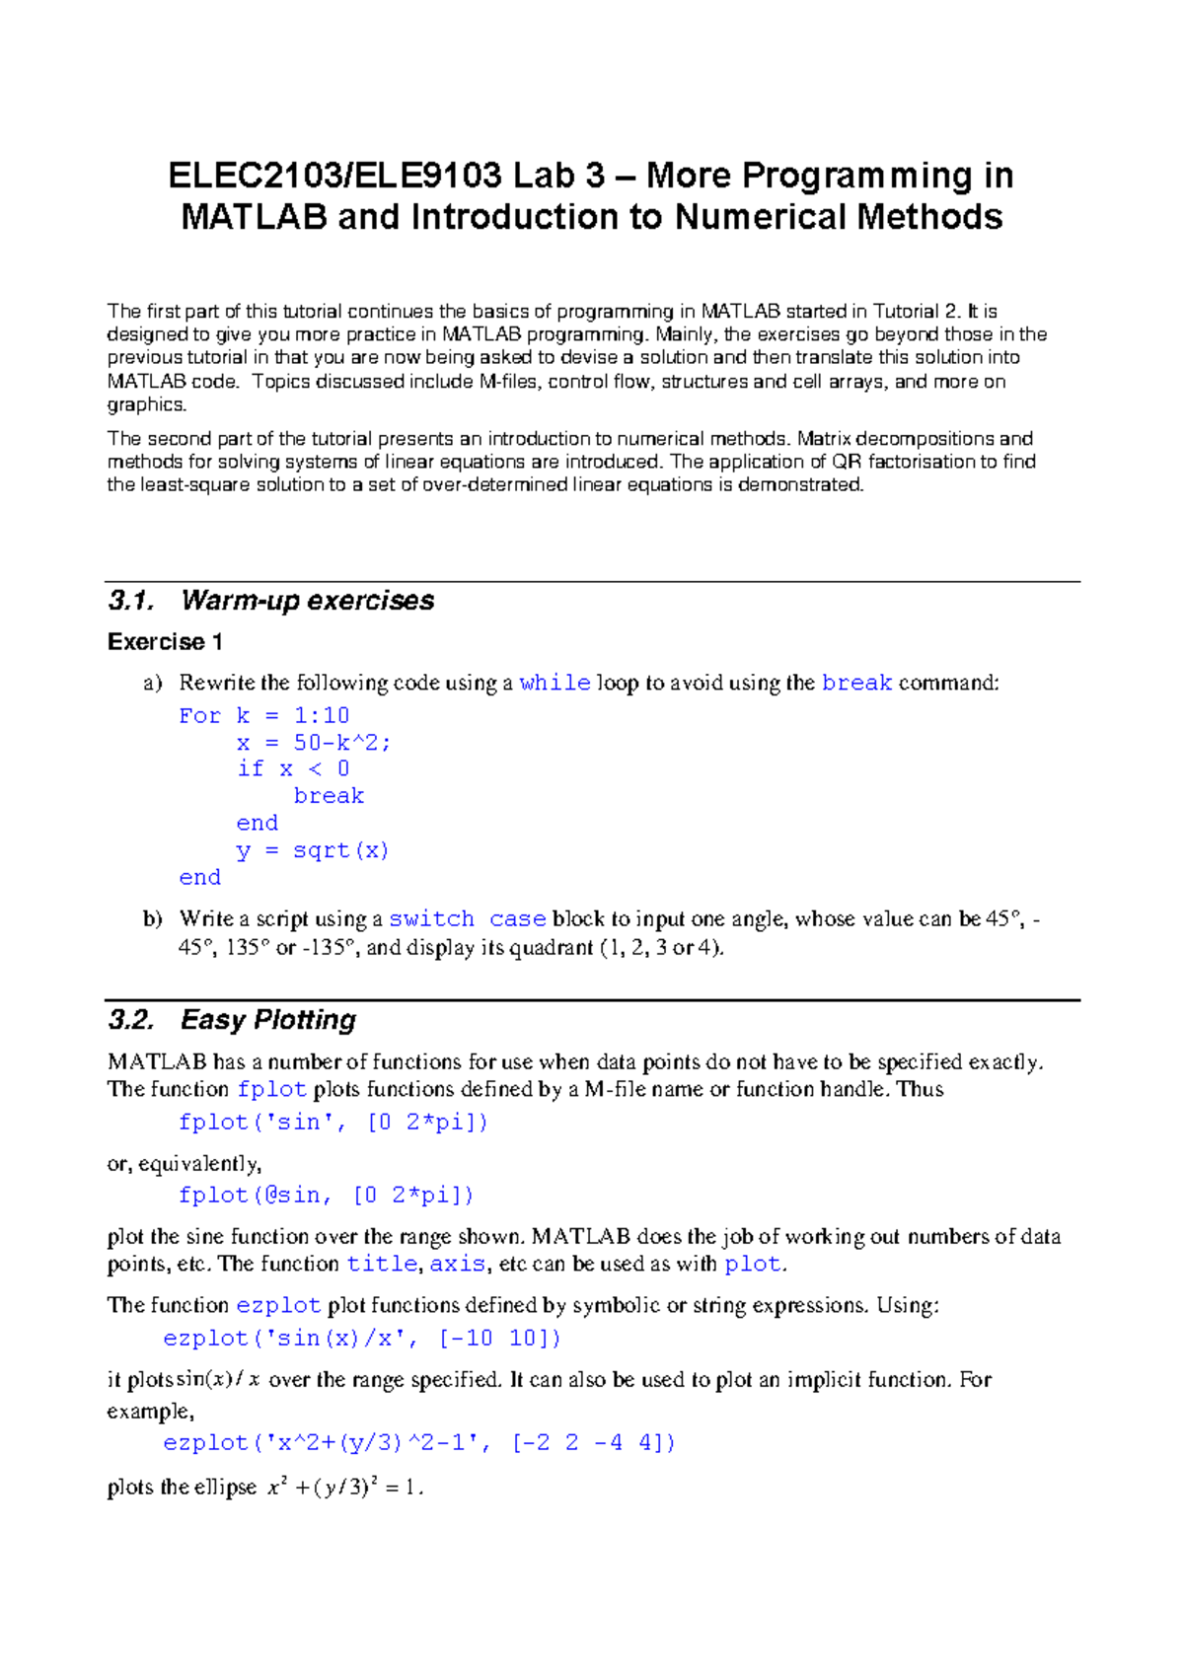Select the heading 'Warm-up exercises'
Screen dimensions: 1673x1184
pyautogui.click(x=307, y=601)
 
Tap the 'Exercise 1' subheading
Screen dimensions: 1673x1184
pyautogui.click(x=165, y=642)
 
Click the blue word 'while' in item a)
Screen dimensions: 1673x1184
pyautogui.click(x=555, y=683)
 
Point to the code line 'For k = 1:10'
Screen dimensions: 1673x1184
pyautogui.click(x=263, y=715)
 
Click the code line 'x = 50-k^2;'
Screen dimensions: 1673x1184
pyautogui.click(x=314, y=743)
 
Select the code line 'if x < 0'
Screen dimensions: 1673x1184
pyautogui.click(x=293, y=769)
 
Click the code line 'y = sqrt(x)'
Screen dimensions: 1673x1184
pyautogui.click(x=313, y=850)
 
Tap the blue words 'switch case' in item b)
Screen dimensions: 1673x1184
pyautogui.click(x=467, y=919)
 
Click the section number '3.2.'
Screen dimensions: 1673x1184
pyautogui.click(x=131, y=1020)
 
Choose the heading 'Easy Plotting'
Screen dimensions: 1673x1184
pyautogui.click(x=268, y=1020)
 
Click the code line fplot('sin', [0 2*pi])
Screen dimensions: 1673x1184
pyautogui.click(x=333, y=1123)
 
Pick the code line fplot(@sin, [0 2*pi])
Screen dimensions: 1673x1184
pyautogui.click(x=326, y=1196)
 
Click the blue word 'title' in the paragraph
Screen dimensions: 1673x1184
pyautogui.click(x=382, y=1265)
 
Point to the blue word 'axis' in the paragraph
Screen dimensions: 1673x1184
pyautogui.click(x=457, y=1265)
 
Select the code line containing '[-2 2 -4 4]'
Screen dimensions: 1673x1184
pyautogui.click(x=418, y=1443)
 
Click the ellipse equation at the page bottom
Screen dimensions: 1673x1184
pyautogui.click(x=345, y=1488)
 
